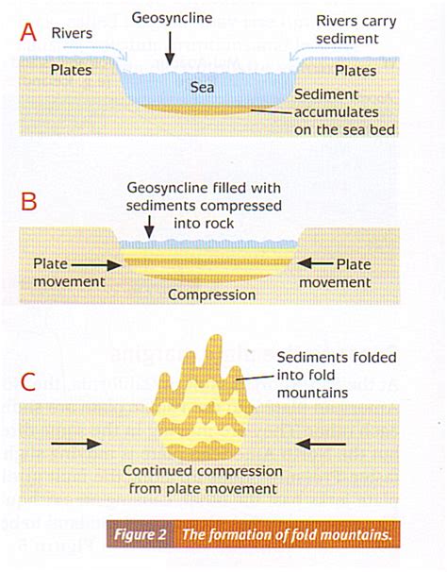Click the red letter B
[29, 203]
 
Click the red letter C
[30, 382]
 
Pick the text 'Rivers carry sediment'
[356, 29]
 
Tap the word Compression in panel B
[211, 294]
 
